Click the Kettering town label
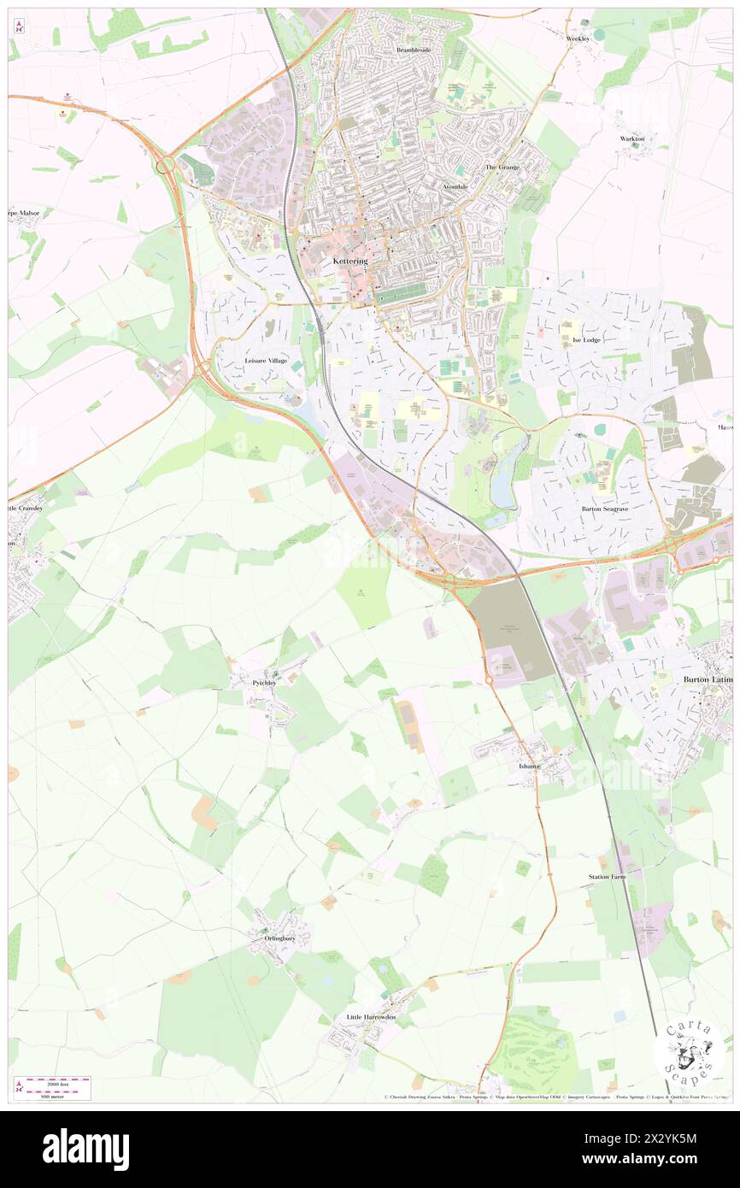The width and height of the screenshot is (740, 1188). (x=349, y=260)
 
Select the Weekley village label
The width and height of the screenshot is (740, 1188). (x=578, y=38)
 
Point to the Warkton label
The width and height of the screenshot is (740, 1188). (x=631, y=138)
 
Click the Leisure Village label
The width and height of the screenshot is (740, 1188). (x=266, y=362)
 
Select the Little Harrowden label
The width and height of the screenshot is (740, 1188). (x=371, y=1017)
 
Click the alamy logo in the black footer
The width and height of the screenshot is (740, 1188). (x=85, y=1149)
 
